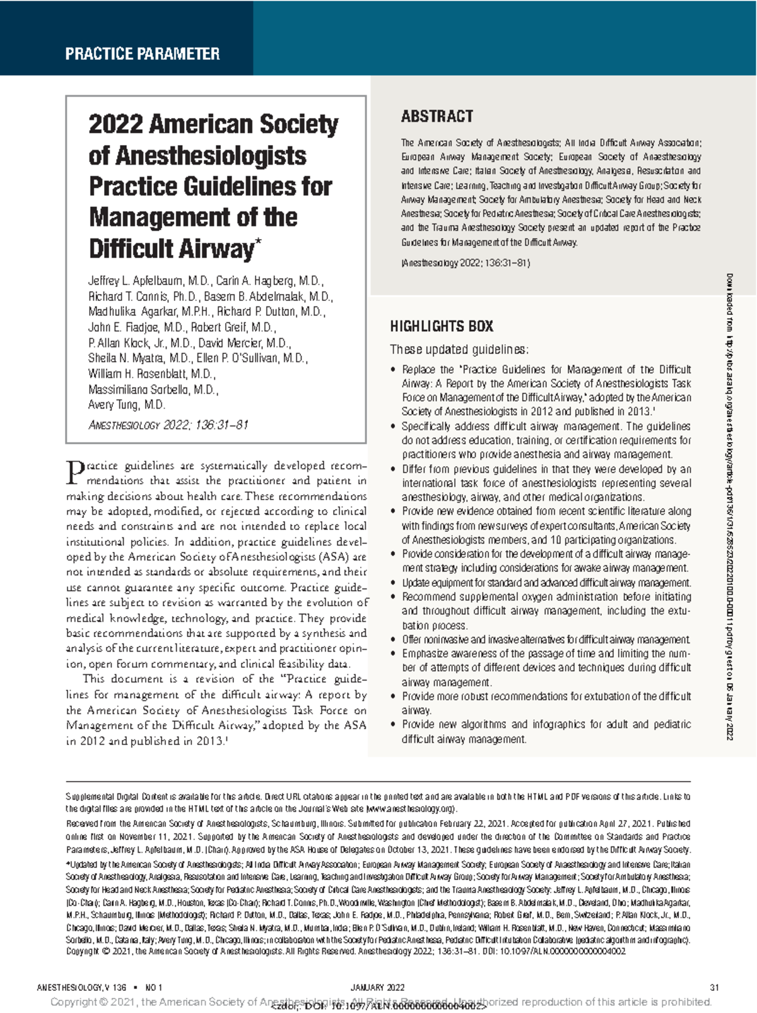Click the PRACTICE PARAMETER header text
click(142, 54)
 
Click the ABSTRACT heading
click(437, 116)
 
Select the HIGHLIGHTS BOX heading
click(441, 326)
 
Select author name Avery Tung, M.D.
click(126, 405)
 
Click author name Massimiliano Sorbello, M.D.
click(153, 389)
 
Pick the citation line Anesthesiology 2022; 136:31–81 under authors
click(168, 425)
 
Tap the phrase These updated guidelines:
click(459, 349)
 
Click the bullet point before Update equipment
click(394, 583)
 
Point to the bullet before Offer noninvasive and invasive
click(394, 640)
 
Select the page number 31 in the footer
click(714, 988)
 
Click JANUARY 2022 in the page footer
click(377, 988)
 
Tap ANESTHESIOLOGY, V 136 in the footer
click(82, 988)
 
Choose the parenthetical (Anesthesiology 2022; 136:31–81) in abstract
click(466, 263)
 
